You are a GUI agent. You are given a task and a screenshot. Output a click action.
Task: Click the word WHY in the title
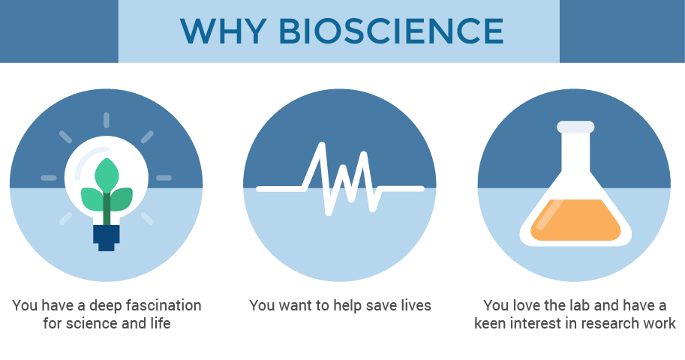224,31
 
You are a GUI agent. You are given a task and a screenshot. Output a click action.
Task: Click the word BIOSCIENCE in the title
391,31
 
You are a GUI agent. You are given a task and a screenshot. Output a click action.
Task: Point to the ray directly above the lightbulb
106,120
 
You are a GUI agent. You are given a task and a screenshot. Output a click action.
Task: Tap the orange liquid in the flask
575,220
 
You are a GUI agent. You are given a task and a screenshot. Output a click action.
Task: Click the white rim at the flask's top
575,127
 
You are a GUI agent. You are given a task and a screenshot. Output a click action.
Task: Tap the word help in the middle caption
347,306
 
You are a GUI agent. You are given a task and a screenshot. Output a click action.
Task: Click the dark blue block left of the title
59,31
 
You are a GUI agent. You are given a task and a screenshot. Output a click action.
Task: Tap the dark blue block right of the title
622,31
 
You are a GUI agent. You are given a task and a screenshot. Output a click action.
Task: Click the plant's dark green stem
107,208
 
